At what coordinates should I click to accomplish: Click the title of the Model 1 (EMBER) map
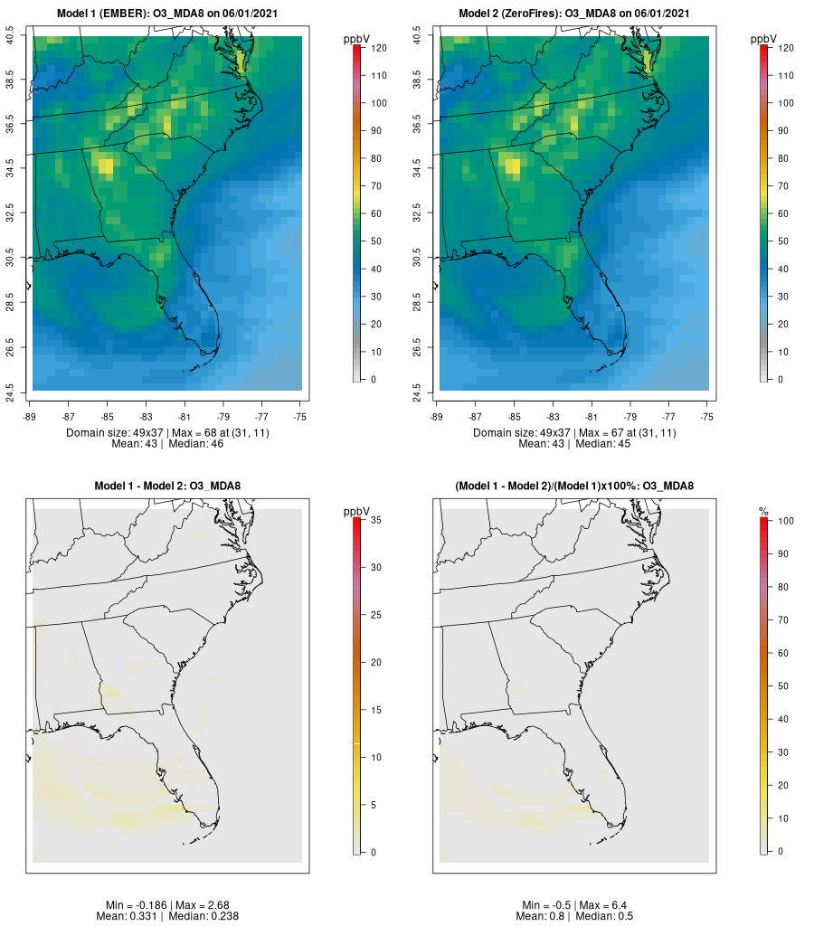168,14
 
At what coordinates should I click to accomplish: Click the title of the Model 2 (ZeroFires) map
575,14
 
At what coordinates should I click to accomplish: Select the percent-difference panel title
574,487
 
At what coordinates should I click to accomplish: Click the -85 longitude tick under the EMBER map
107,416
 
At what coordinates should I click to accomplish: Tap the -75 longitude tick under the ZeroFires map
707,416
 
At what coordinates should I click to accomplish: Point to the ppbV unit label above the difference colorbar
357,513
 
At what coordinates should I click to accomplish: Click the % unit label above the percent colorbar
764,513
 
